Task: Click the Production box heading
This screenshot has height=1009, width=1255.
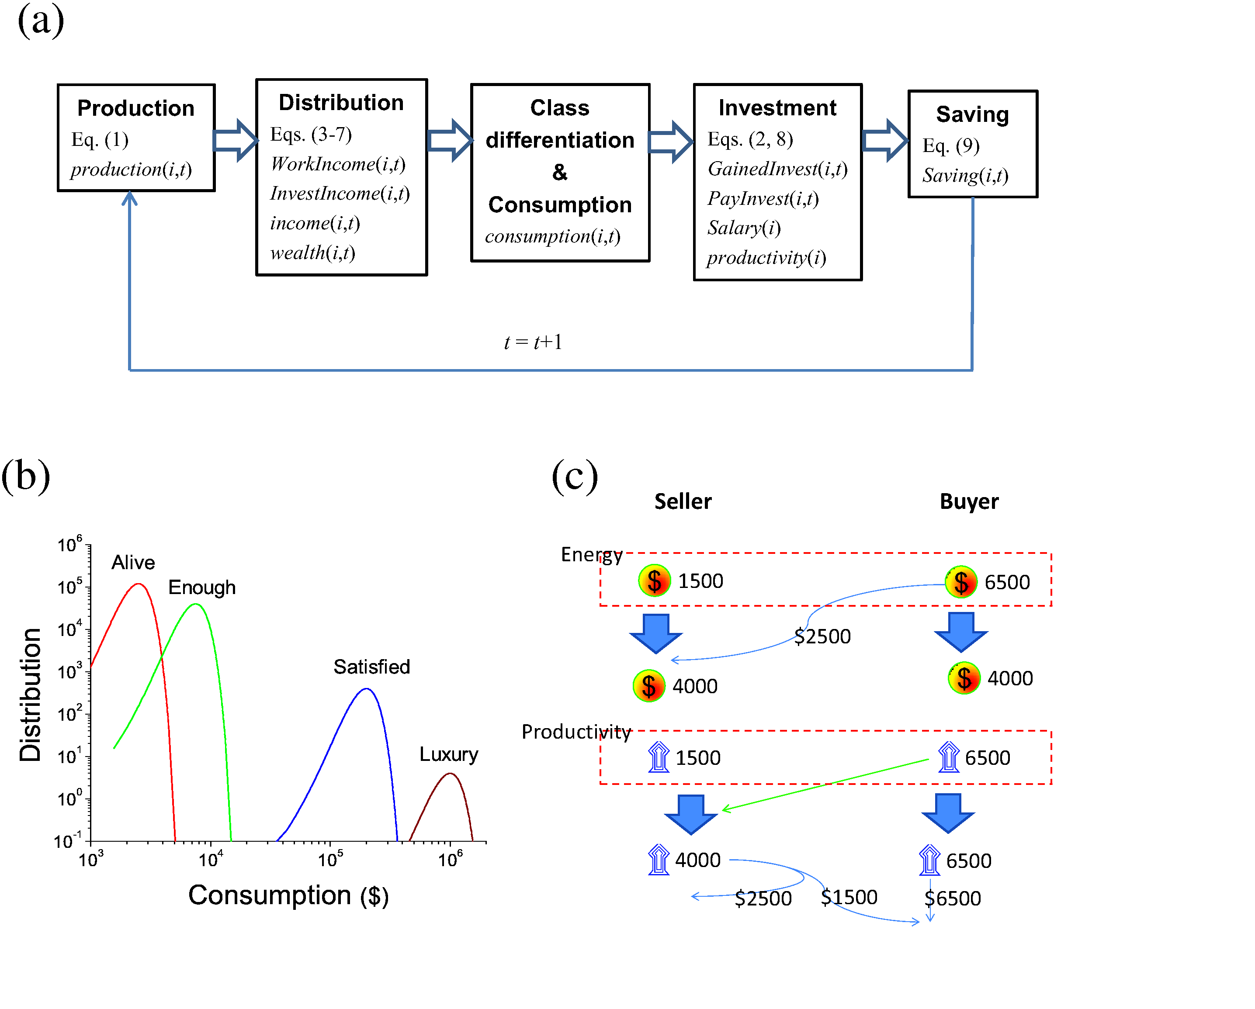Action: (x=135, y=108)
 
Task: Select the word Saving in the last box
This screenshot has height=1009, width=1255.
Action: (x=972, y=114)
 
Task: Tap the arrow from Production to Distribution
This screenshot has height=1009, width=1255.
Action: (x=235, y=140)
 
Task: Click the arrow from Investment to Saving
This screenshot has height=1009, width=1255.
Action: (x=884, y=140)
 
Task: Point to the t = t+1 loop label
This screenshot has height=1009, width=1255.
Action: (x=533, y=342)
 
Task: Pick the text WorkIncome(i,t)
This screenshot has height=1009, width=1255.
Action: (x=338, y=164)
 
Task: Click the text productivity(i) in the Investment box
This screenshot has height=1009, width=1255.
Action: (x=766, y=258)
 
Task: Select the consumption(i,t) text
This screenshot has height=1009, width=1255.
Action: (x=552, y=236)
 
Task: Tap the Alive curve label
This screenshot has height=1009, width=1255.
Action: (x=133, y=562)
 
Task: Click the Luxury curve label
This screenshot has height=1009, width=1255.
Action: (x=449, y=754)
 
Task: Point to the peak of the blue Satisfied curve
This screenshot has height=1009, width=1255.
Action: (x=367, y=690)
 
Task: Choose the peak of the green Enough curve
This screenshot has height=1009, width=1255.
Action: (x=197, y=605)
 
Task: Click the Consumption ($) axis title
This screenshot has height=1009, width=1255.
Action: (x=288, y=895)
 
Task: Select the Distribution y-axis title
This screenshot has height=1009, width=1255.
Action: (x=30, y=695)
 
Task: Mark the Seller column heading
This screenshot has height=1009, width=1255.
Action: (x=683, y=501)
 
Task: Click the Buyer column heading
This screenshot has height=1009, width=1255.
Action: (x=969, y=501)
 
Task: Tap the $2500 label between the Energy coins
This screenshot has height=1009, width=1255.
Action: (x=822, y=636)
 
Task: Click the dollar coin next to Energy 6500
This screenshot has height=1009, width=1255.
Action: (x=961, y=582)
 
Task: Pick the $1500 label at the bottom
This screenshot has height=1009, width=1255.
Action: (x=849, y=897)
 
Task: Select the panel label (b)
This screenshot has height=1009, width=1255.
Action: (x=26, y=476)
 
